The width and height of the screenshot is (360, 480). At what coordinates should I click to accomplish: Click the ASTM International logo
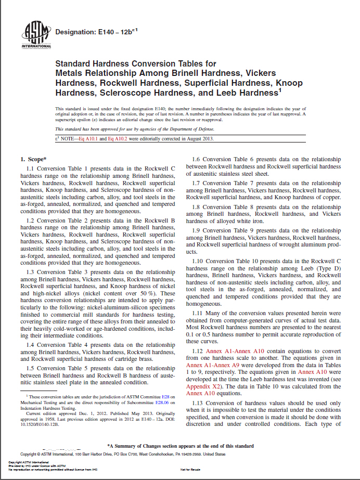pyautogui.click(x=32, y=34)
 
